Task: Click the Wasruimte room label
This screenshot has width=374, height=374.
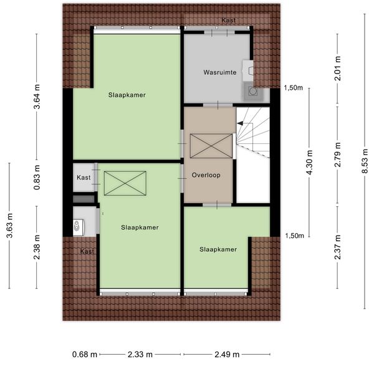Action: click(x=219, y=72)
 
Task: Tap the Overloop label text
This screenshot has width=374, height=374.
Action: click(x=205, y=175)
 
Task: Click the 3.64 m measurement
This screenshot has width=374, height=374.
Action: click(x=37, y=101)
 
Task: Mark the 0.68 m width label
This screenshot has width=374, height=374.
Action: click(x=85, y=355)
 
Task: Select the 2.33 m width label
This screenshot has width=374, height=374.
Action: click(x=140, y=355)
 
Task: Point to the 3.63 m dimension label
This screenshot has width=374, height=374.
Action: click(x=9, y=225)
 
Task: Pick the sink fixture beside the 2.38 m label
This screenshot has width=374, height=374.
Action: click(x=78, y=227)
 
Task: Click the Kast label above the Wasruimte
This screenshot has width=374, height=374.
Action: click(x=229, y=21)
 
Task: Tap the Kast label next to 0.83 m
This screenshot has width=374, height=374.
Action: click(x=84, y=178)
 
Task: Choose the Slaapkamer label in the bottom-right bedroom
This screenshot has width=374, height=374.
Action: click(x=218, y=249)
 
